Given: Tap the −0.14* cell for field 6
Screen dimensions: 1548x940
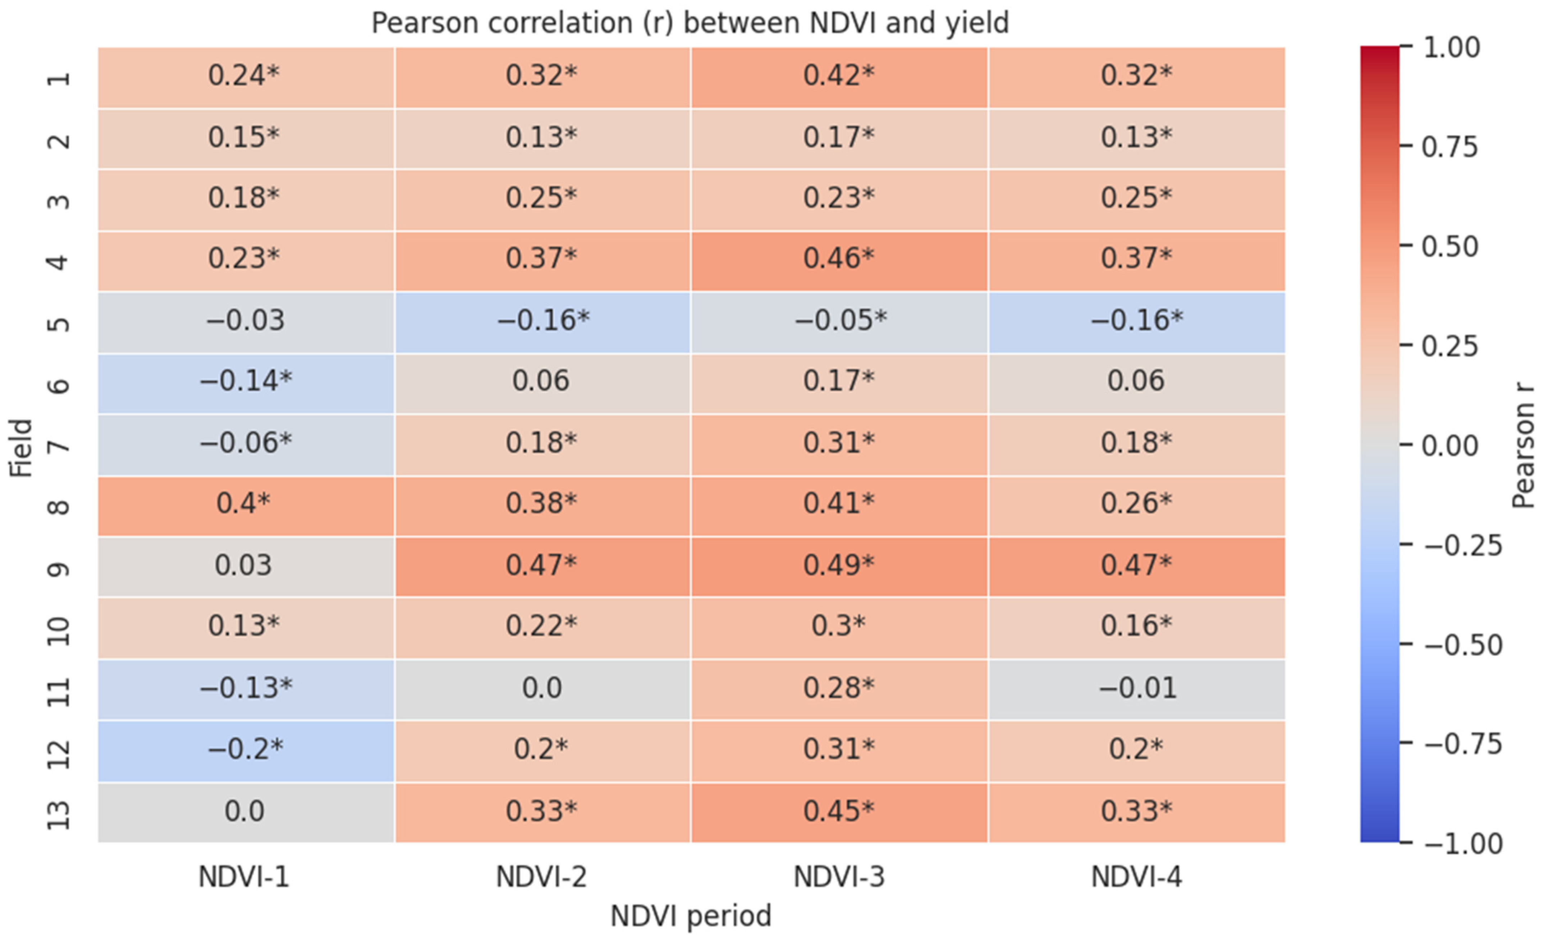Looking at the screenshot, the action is [x=246, y=383].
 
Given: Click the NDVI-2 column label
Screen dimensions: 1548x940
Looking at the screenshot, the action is [x=541, y=876].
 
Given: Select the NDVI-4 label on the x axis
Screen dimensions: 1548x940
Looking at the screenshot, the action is [x=1136, y=876].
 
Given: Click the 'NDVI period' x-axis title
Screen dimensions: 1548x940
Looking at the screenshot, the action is [x=691, y=917].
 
